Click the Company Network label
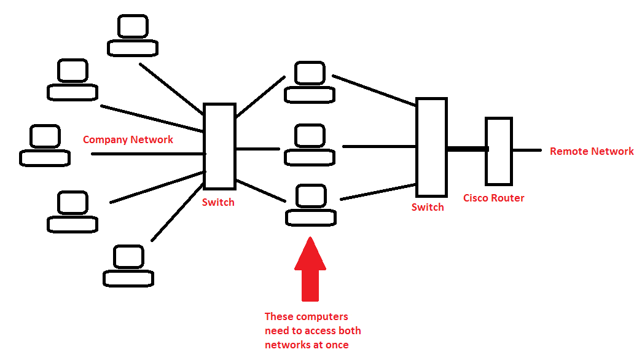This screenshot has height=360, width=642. pyautogui.click(x=128, y=139)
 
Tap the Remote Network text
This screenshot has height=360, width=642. pyautogui.click(x=591, y=151)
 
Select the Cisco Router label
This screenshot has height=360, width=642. pyautogui.click(x=493, y=198)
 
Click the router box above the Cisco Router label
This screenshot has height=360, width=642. pyautogui.click(x=498, y=151)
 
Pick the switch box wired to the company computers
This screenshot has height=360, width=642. pyautogui.click(x=219, y=146)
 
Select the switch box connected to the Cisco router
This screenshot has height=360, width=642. pyautogui.click(x=431, y=147)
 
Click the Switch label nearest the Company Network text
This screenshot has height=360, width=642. pyautogui.click(x=218, y=202)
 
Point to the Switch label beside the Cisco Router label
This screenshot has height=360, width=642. pyautogui.click(x=428, y=207)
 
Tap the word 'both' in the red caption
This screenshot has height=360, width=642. pyautogui.click(x=349, y=331)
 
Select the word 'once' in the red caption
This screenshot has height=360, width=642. pyautogui.click(x=337, y=345)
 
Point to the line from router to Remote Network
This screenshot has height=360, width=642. pyautogui.click(x=527, y=150)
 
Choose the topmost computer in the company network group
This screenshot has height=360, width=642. pyautogui.click(x=133, y=36)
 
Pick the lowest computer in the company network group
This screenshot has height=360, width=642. pyautogui.click(x=128, y=266)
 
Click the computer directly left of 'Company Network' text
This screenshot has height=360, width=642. pyautogui.click(x=44, y=146)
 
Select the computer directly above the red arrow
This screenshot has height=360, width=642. pyautogui.click(x=310, y=205)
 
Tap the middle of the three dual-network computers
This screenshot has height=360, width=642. pyautogui.click(x=310, y=145)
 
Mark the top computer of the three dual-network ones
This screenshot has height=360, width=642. pyautogui.click(x=310, y=82)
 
